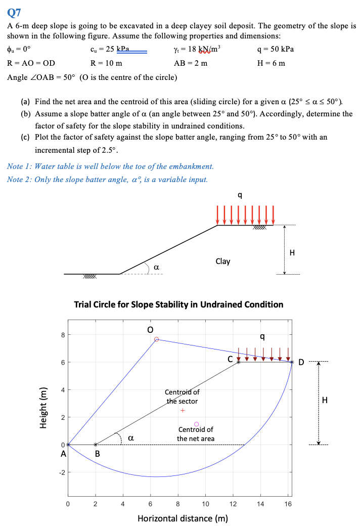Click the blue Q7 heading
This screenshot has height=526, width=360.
(x=14, y=11)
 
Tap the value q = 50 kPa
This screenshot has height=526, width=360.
(x=275, y=50)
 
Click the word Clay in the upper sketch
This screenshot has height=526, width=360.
(x=222, y=261)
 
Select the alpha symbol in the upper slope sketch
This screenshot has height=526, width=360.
(x=157, y=266)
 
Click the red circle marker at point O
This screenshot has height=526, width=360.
(x=157, y=339)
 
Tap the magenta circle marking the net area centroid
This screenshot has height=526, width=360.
(x=197, y=424)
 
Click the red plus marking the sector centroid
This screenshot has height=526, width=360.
(x=183, y=410)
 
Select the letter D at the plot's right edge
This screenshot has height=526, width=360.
(x=302, y=362)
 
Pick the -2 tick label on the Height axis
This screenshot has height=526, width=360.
(x=61, y=472)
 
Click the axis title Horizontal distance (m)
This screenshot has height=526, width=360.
(x=183, y=518)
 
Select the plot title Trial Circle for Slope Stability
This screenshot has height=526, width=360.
(x=178, y=304)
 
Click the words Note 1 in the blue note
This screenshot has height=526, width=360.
(x=19, y=166)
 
